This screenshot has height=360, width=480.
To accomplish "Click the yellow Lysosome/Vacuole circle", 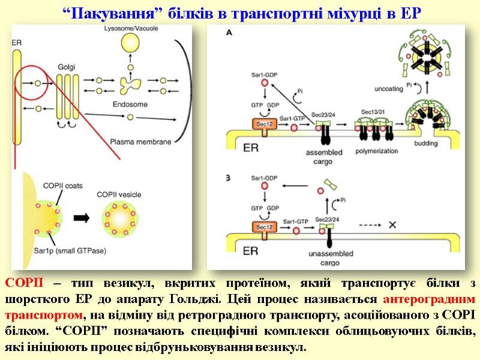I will [x=128, y=43].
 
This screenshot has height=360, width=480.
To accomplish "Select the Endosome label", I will [x=127, y=103].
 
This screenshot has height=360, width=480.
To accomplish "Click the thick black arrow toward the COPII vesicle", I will [x=80, y=217].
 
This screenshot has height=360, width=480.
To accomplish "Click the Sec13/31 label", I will [x=372, y=112].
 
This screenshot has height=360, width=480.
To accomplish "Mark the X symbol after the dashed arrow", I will [x=393, y=225].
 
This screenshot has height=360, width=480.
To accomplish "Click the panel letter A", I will [x=229, y=34].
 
